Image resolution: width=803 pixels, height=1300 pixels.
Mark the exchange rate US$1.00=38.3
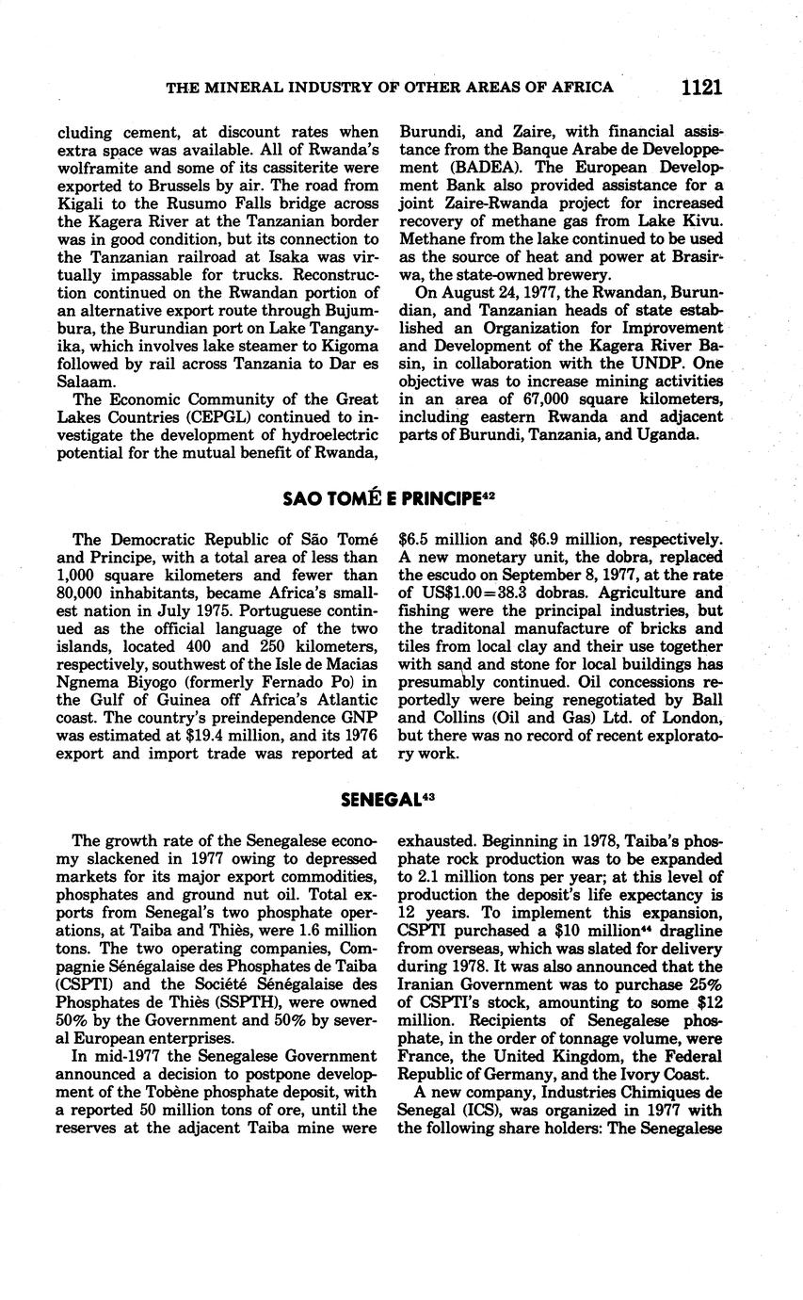[481, 593]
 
